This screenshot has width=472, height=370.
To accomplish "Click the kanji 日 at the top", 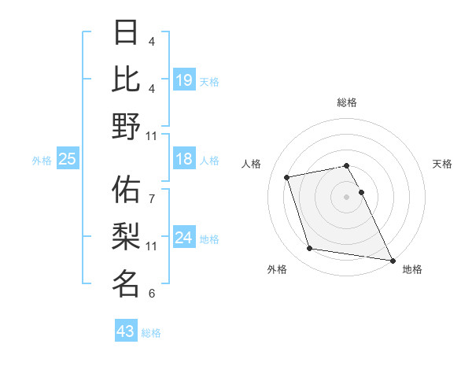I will [x=127, y=32].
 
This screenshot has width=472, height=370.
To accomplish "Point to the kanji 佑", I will [x=127, y=190].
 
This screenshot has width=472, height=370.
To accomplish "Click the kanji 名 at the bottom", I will [x=127, y=283].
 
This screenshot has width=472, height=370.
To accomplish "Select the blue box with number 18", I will [x=184, y=160].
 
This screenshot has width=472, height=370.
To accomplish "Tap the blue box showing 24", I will [x=184, y=239].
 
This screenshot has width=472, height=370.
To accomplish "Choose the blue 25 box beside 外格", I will [x=67, y=160].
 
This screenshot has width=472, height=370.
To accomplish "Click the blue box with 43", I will [x=126, y=331].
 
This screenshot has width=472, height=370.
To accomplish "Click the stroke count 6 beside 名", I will [x=152, y=294].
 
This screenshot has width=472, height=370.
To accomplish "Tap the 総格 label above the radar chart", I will [x=347, y=103].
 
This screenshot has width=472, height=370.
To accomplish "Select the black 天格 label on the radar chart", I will [x=442, y=164].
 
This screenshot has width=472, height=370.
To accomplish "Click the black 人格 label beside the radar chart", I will [x=252, y=164].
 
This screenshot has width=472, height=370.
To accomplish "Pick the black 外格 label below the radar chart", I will [x=277, y=270].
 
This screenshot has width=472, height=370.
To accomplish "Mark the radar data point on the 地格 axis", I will [x=391, y=259].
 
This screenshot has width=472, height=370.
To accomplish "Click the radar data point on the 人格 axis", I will [x=287, y=176].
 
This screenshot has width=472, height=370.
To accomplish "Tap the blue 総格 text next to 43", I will [x=152, y=333].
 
